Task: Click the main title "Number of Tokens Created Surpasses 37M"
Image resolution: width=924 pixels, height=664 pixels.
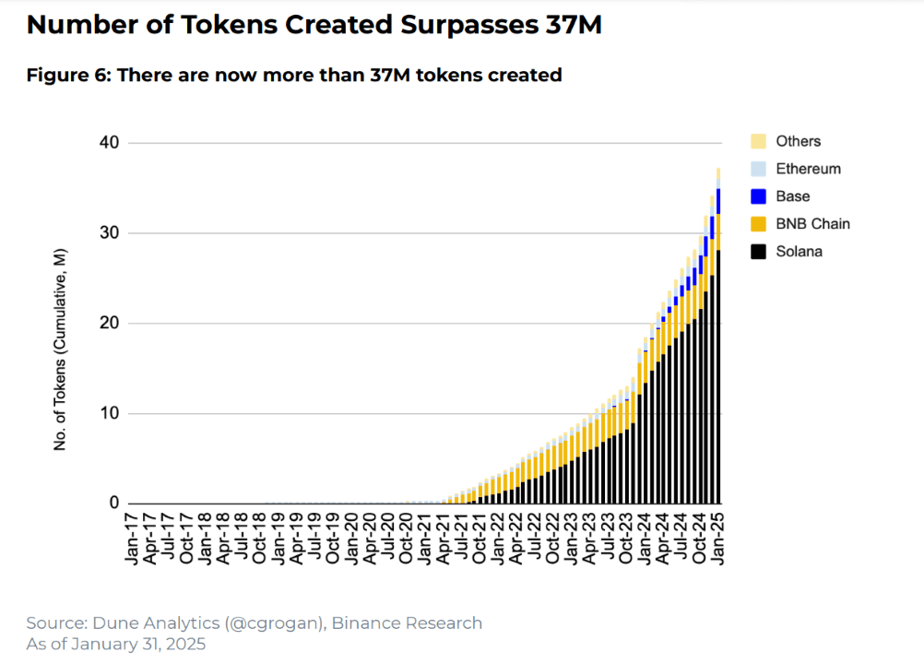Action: click(314, 25)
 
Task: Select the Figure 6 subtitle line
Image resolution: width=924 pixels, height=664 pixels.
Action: click(294, 76)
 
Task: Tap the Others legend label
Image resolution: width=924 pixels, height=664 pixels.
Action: click(798, 141)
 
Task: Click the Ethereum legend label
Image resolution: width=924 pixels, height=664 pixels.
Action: click(808, 169)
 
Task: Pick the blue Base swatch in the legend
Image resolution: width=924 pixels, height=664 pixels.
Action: click(758, 196)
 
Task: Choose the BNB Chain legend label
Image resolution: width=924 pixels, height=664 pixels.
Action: click(812, 224)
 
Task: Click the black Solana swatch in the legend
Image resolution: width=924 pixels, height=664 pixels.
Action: click(758, 252)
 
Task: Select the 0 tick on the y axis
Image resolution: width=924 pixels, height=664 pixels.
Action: click(114, 503)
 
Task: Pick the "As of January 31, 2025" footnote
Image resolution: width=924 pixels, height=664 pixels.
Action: click(116, 644)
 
